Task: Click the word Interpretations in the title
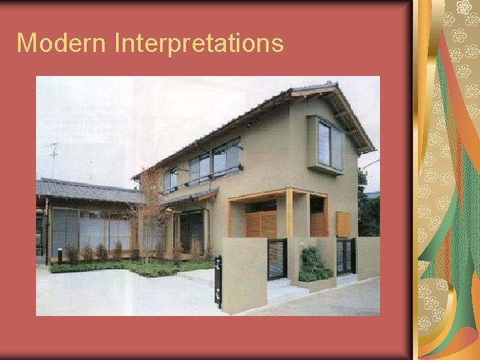[x=199, y=44]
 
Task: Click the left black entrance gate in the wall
[x=277, y=259]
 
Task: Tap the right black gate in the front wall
[x=345, y=256]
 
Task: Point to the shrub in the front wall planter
[x=313, y=263]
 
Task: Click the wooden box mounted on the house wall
[x=343, y=224]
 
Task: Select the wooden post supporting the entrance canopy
[x=289, y=213]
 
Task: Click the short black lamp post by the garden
[x=60, y=255]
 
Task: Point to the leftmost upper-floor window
[x=171, y=179]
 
